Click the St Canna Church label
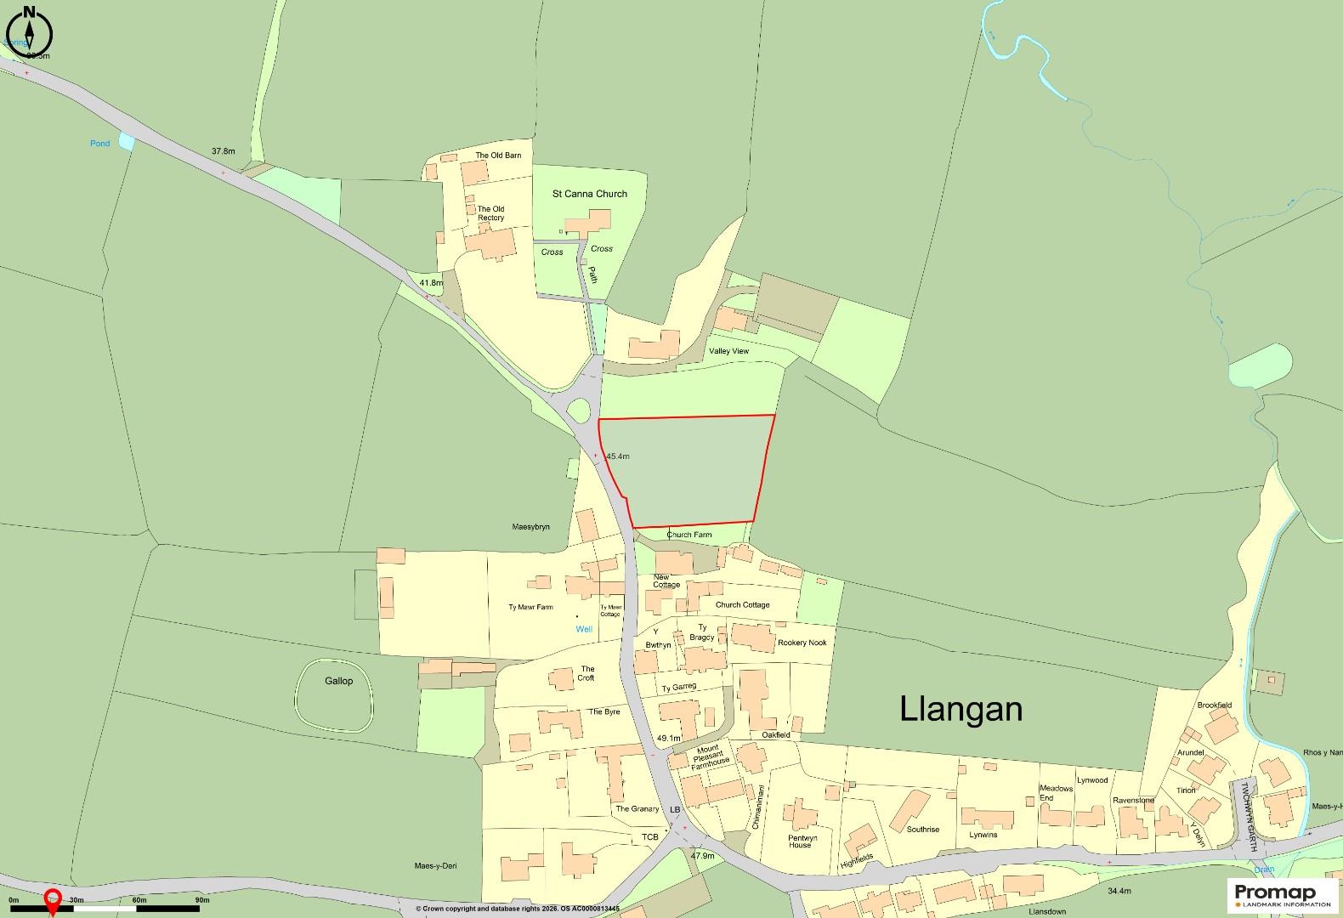click(589, 194)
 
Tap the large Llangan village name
click(961, 709)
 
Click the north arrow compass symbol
click(29, 34)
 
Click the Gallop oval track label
click(337, 681)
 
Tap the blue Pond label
click(100, 144)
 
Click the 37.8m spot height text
click(223, 151)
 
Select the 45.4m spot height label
click(617, 456)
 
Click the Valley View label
click(728, 351)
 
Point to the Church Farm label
click(688, 535)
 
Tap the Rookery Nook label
click(802, 643)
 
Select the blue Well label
click(584, 629)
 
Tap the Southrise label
click(923, 829)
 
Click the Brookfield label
click(1214, 705)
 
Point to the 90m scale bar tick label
click(201, 900)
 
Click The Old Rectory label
click(490, 213)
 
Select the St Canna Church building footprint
click(588, 224)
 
